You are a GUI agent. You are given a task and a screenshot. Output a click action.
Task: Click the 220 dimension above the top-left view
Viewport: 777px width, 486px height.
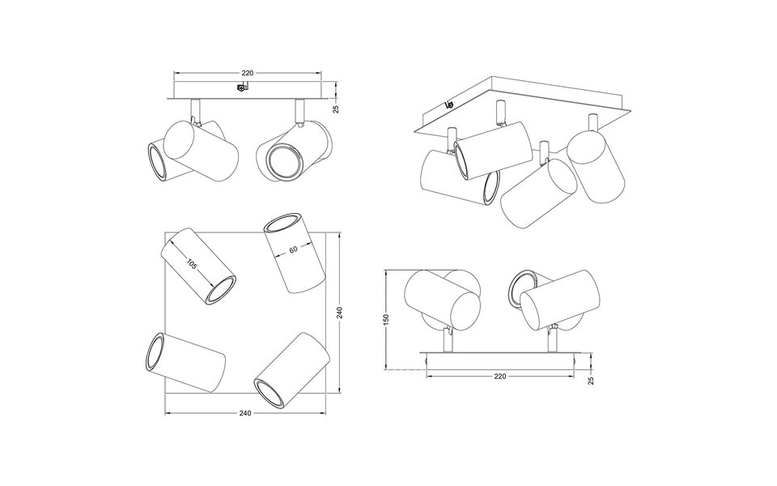(x=248, y=74)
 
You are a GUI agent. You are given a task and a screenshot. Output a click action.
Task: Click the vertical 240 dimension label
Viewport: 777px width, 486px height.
(x=341, y=312)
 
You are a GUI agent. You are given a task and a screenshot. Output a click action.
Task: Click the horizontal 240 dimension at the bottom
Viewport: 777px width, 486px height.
(x=245, y=413)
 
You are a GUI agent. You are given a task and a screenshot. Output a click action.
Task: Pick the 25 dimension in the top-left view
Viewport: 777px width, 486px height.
(x=336, y=108)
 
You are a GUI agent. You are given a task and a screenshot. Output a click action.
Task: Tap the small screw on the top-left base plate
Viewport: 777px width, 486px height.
(x=240, y=88)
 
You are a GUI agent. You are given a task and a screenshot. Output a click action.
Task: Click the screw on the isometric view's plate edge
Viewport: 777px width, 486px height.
(x=450, y=104)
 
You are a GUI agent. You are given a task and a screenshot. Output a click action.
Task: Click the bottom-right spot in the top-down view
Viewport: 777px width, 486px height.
(x=289, y=369)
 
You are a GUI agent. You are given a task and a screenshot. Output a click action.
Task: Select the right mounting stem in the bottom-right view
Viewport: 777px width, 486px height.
(x=550, y=341)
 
